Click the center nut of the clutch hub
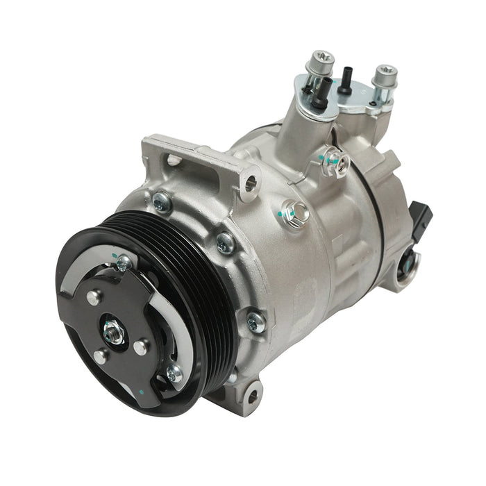coord(111,331)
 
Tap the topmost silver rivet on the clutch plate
coord(93,296)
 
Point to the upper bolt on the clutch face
coord(124,262)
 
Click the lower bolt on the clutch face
coord(175,374)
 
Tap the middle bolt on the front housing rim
coord(225,242)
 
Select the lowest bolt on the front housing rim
coord(255,320)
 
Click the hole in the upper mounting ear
coord(251,183)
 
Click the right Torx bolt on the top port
coord(383,76)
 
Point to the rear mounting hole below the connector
coord(408,262)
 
